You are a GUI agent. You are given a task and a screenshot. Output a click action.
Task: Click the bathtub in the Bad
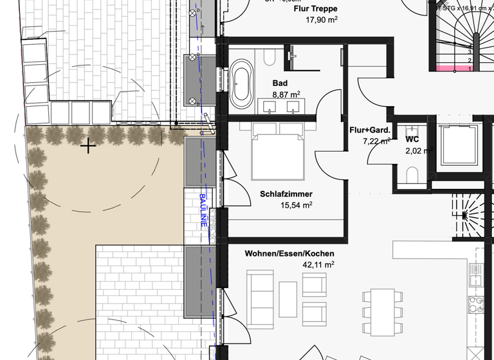(x=242, y=84)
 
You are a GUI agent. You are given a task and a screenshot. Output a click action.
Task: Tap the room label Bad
(x=280, y=84)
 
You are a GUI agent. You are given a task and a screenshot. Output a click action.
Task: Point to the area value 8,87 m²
(x=286, y=94)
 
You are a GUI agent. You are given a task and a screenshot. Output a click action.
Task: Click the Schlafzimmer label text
(x=286, y=194)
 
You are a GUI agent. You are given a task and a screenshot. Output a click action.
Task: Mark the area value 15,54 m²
(x=296, y=205)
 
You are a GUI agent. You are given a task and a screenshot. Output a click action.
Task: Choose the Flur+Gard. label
(x=370, y=130)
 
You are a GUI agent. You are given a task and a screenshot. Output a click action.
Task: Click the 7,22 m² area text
(x=376, y=141)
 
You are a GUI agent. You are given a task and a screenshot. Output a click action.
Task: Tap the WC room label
(x=412, y=139)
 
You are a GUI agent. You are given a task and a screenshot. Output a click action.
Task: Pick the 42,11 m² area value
(x=318, y=264)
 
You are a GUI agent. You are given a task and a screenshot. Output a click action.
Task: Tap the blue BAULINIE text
(x=203, y=210)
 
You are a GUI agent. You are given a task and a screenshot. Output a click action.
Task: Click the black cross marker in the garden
(x=88, y=147)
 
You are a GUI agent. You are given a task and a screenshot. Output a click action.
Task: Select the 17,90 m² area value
(x=322, y=19)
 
